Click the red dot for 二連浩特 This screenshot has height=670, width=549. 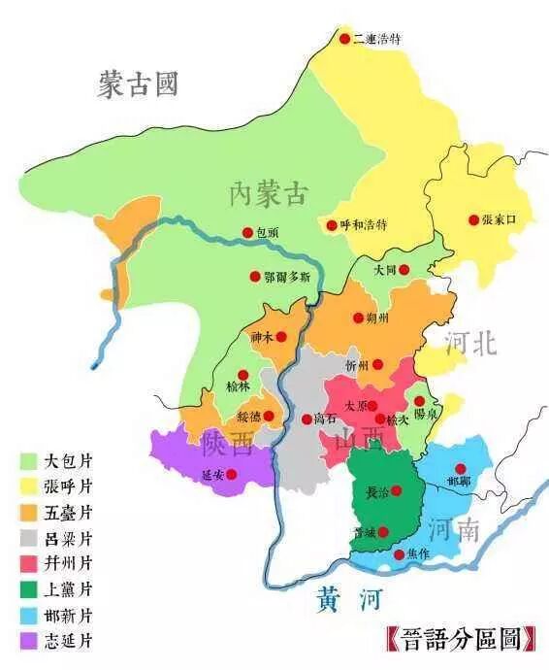pos(344,39)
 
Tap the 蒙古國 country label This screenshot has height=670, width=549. pos(138,84)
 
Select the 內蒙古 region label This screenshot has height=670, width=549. pos(268,193)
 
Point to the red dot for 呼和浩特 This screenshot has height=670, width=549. pos(332,224)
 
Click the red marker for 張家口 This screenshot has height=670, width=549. pos(473,220)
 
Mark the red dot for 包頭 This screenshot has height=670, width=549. pos(247,233)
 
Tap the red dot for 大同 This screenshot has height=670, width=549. pos(404,270)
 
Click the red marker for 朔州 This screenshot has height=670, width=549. pos(358,318)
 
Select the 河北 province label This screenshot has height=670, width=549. pos(470,342)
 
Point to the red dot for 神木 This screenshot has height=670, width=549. pos(281,337)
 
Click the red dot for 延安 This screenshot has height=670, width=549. pos(231,474)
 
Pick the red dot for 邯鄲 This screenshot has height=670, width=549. pos(460,469)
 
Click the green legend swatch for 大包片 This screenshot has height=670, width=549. pos(28,460)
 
